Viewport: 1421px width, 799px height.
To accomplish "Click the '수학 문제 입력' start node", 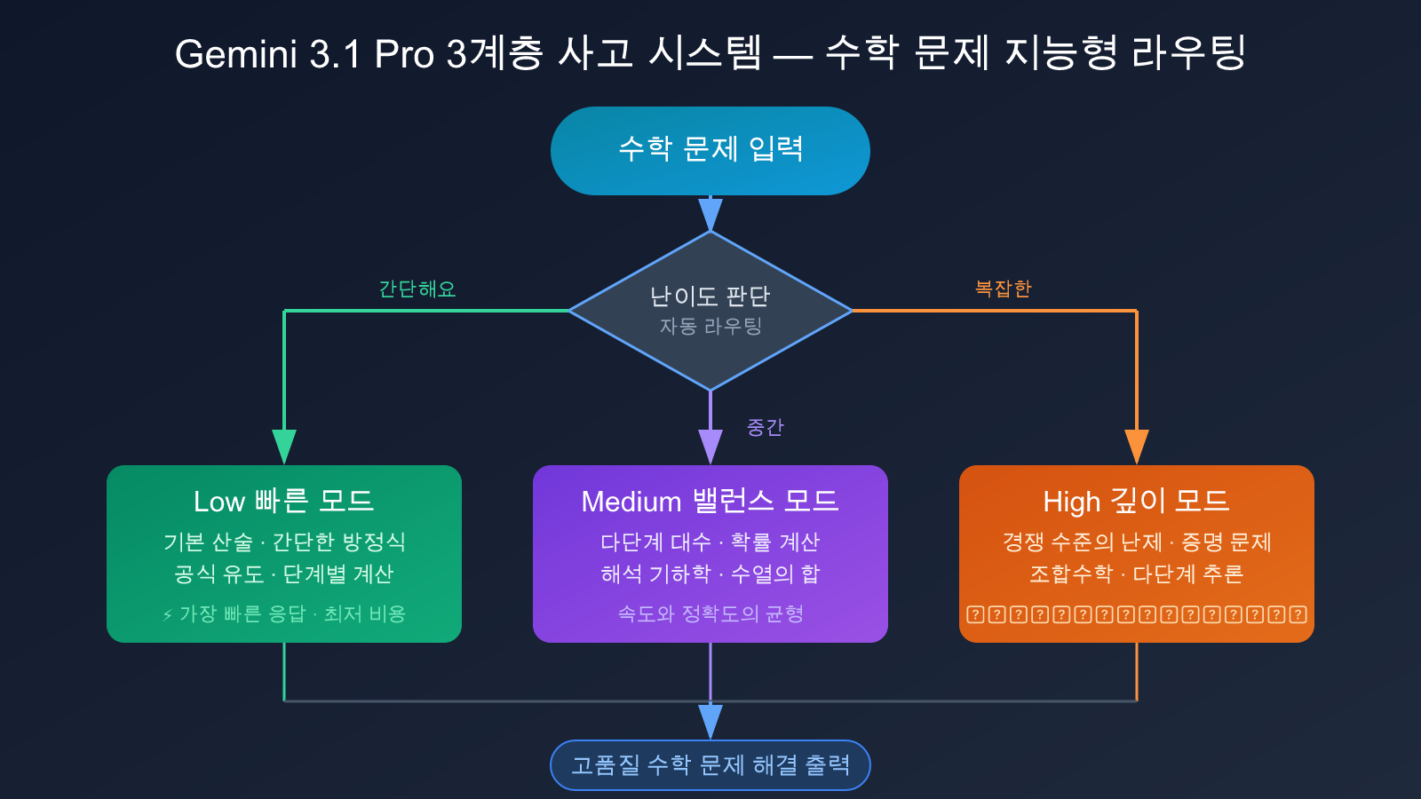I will click(710, 150).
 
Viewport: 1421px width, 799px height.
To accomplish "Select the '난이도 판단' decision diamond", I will click(710, 310).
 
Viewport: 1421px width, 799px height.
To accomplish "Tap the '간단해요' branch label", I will click(417, 289).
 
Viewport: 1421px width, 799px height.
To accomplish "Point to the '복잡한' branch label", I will click(1003, 289).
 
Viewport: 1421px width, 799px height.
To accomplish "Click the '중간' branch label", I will click(765, 428).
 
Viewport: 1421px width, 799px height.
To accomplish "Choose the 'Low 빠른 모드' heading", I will click(284, 501).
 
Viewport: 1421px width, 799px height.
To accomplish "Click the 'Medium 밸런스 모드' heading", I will click(710, 501).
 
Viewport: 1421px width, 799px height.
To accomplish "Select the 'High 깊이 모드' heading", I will click(1136, 501).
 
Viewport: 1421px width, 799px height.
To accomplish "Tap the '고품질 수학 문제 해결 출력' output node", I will click(710, 765).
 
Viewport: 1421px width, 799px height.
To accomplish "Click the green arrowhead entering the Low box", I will click(284, 446).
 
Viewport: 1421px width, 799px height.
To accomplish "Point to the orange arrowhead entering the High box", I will click(1137, 446).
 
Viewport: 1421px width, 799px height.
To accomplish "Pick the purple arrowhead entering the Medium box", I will click(710, 446).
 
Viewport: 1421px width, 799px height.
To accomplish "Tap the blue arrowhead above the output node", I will click(710, 721).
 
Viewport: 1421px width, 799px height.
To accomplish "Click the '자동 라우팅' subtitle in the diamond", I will click(710, 327).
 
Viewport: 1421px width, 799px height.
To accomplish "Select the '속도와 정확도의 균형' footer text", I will click(710, 614).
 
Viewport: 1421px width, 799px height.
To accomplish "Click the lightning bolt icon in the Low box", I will click(168, 614).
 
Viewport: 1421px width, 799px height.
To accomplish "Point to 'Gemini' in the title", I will click(235, 54).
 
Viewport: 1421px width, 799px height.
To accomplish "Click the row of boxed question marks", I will click(1137, 614).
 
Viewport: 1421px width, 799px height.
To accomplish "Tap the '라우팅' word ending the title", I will click(1189, 54).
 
